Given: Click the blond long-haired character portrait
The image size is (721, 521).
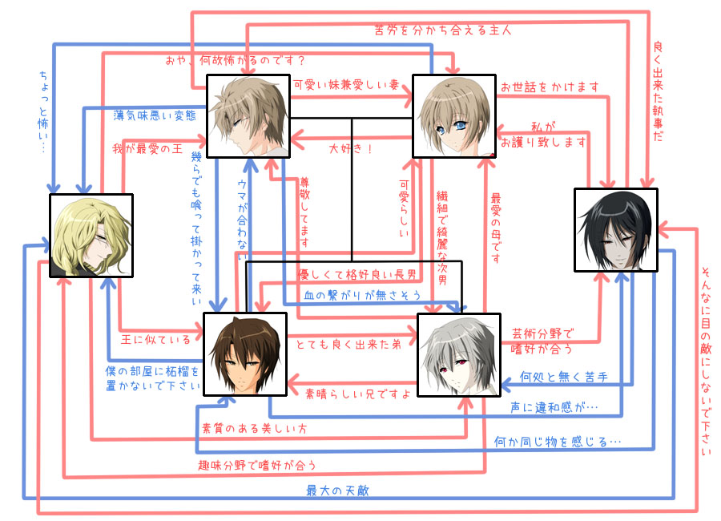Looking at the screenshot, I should click(x=91, y=236).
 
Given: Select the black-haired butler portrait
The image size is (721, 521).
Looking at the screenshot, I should click(x=615, y=230).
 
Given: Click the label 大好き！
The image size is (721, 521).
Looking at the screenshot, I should click(x=351, y=148).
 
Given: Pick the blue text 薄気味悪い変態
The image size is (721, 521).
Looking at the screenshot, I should click(x=154, y=115).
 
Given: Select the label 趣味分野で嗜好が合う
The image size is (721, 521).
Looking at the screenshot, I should click(x=257, y=465).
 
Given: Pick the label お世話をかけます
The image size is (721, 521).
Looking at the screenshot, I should click(x=538, y=86).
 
